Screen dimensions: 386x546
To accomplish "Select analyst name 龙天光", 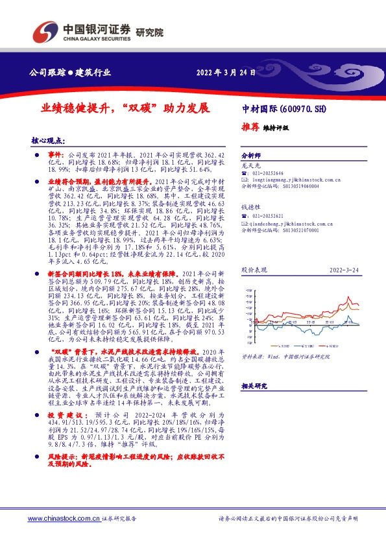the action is click(250, 165).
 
